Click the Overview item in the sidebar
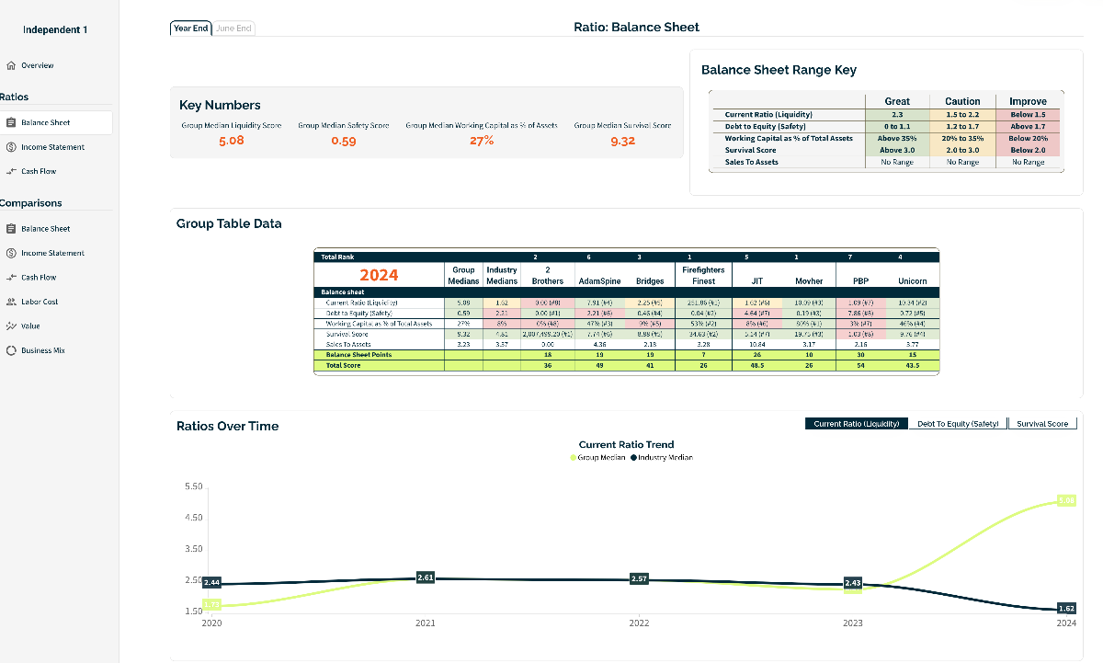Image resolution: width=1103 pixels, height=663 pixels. pos(37,65)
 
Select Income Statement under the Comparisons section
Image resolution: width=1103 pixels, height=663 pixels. pos(52,253)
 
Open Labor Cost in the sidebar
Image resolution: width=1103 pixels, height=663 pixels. pos(40,302)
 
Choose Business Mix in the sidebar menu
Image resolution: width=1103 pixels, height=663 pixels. pos(42,350)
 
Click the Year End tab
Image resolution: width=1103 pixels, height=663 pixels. pos(190,29)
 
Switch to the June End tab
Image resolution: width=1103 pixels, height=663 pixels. pos(233,29)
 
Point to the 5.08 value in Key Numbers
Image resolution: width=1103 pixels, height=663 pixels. pos(232,141)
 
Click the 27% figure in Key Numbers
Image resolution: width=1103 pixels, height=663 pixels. pos(482,141)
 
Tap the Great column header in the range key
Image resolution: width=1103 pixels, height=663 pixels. pos(897,101)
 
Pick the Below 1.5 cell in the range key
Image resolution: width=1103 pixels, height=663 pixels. pos(1028,115)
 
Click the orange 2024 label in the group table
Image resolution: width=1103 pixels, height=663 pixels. pos(379,275)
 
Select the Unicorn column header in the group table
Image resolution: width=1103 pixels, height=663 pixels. pos(912,280)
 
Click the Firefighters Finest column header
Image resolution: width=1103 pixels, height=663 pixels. pos(703,275)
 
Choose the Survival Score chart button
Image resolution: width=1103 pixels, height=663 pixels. pos(1042,424)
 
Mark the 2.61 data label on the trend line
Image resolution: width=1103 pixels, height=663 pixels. pos(426,577)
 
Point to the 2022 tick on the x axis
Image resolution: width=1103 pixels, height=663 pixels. pos(639,623)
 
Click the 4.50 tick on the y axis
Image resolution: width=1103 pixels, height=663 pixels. pos(193,518)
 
